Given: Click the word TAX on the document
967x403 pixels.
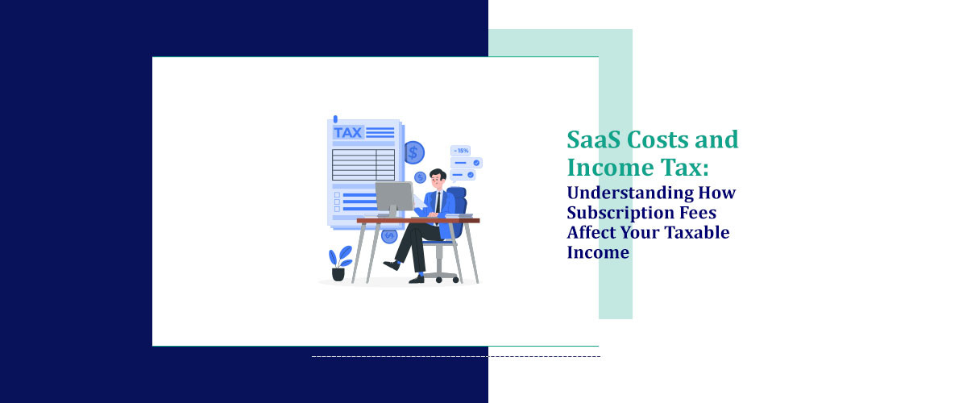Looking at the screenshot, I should coord(348,132).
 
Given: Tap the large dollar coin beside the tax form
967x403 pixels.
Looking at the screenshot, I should coord(414,152).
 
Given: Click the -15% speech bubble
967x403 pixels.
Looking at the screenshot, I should coord(462,151).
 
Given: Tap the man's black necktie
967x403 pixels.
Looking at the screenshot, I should coord(438,201).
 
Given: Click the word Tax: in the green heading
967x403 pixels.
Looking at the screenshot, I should coord(689,167).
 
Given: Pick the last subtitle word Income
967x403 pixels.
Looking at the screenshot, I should coord(597,253).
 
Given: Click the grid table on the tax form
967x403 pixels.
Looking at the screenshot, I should coord(363,164).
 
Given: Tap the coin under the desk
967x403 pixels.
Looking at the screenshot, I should coord(389,236).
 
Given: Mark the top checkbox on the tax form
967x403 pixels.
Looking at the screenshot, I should coord(337,194).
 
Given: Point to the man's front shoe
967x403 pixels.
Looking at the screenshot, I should coord(391,264).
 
